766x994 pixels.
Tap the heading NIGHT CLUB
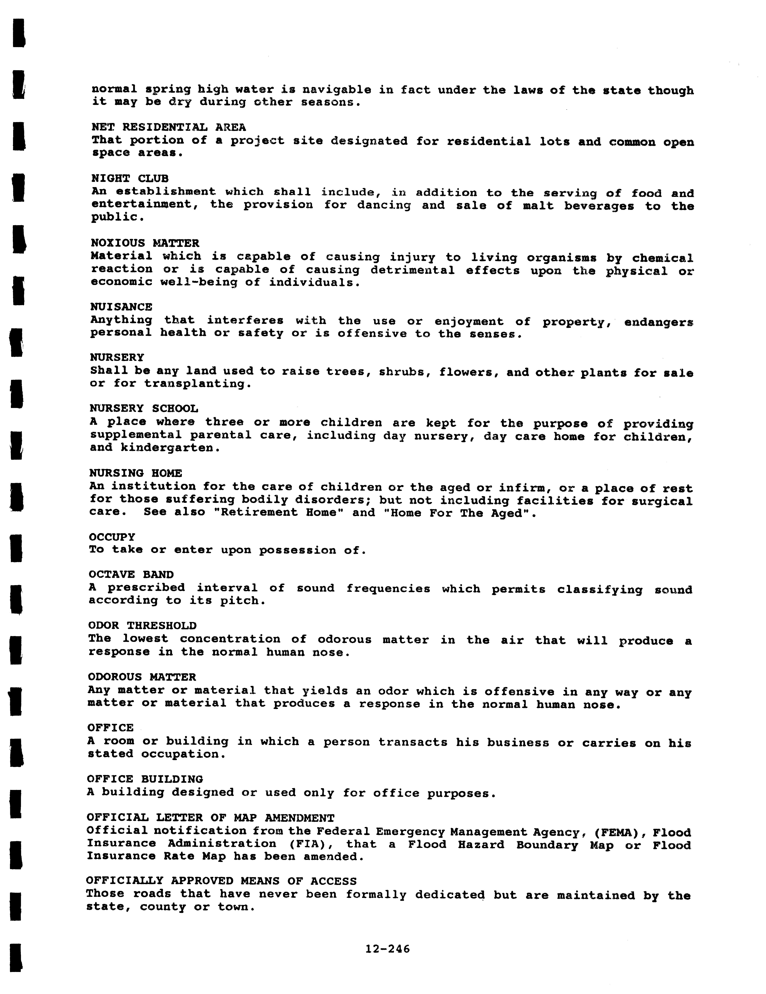[x=130, y=178]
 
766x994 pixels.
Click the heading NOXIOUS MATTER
[x=145, y=243]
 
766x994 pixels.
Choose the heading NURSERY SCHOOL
[x=144, y=408]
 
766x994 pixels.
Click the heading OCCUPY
[x=112, y=537]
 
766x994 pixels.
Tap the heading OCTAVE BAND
[x=131, y=575]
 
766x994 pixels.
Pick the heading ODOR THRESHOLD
[x=142, y=626]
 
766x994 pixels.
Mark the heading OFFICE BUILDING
[x=145, y=779]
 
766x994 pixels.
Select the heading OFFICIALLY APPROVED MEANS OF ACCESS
[x=221, y=881]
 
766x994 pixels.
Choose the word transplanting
[x=198, y=384]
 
